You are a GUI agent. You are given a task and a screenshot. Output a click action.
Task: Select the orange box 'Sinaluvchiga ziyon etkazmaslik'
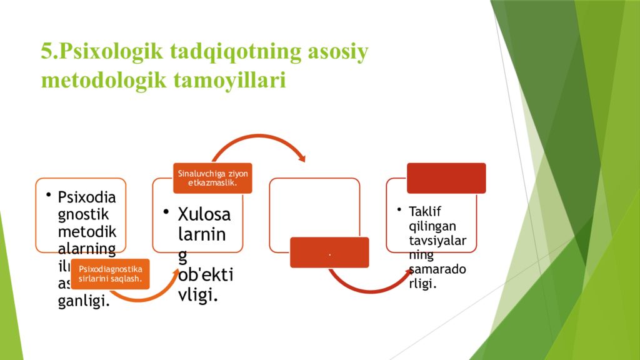point(212,178)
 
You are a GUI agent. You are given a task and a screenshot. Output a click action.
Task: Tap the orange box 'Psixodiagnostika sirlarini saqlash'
point(110,274)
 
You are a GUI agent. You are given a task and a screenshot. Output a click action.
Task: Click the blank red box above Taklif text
point(446,178)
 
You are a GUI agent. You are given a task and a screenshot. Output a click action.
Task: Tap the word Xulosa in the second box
point(204,214)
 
